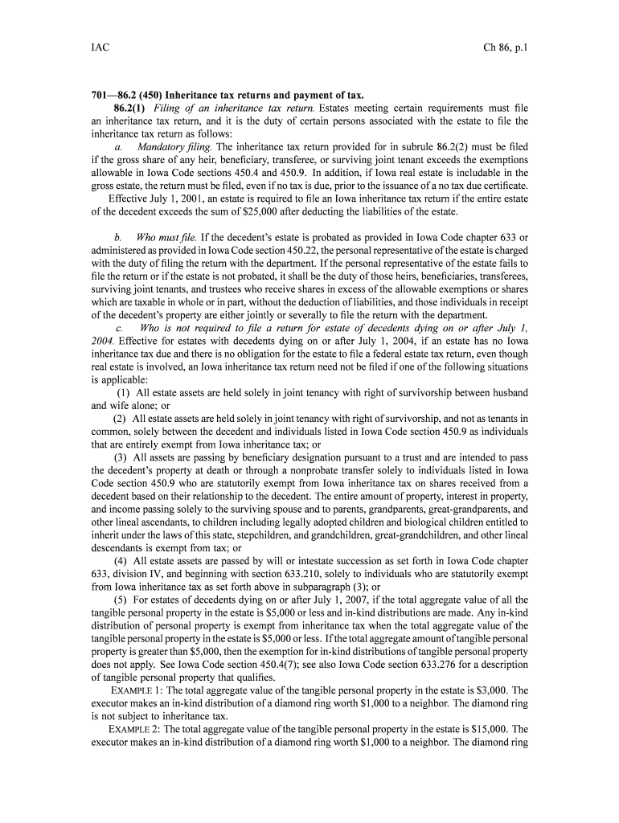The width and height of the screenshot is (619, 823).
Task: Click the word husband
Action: tap(505, 392)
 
